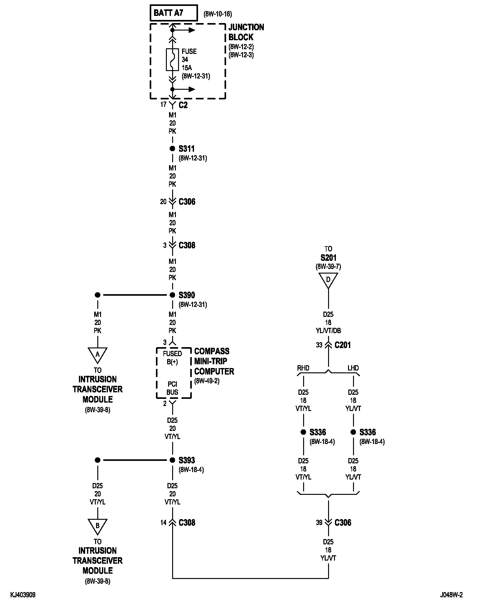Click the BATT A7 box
[x=174, y=13]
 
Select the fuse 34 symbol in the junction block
[x=172, y=60]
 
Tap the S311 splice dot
[x=172, y=149]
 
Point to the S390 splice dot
[x=172, y=295]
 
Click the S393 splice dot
[x=172, y=460]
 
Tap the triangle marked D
[x=328, y=280]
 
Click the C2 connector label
[x=183, y=105]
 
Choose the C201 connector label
[x=342, y=345]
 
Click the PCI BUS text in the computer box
[x=172, y=388]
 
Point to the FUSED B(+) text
[x=172, y=358]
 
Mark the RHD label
[x=303, y=368]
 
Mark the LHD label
[x=353, y=368]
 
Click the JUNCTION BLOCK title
[x=246, y=32]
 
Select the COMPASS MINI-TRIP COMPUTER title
[x=214, y=361]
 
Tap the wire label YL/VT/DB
[x=328, y=331]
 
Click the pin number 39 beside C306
[x=319, y=523]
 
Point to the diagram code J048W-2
[x=451, y=595]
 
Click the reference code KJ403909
[x=23, y=595]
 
